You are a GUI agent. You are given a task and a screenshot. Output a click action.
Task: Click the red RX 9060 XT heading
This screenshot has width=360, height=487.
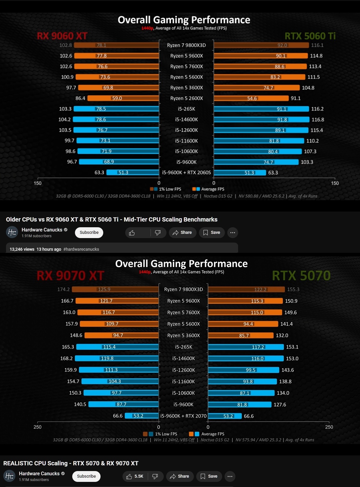(62, 36)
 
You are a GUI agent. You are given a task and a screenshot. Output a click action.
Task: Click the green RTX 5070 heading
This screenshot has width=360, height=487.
(301, 275)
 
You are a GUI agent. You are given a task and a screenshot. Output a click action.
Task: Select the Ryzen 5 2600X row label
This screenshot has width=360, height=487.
(187, 98)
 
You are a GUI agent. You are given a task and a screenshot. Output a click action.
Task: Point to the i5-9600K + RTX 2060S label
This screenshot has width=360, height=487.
(187, 172)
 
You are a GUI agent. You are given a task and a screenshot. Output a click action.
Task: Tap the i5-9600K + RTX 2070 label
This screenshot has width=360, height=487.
(183, 416)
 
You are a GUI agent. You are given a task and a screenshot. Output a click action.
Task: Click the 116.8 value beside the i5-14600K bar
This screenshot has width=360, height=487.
(318, 120)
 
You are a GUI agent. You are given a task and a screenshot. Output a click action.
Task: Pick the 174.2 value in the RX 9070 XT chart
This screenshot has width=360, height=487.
(64, 289)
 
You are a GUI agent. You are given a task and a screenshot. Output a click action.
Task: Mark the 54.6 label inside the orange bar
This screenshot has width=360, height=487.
(252, 98)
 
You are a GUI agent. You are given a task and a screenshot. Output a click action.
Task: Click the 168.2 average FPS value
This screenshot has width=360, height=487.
(67, 358)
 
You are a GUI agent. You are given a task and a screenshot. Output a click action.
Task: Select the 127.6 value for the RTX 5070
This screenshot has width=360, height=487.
(280, 405)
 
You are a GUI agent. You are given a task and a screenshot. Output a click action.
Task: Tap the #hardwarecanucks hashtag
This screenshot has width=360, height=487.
(81, 249)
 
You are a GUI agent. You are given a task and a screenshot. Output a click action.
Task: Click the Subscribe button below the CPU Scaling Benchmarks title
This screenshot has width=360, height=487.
(89, 233)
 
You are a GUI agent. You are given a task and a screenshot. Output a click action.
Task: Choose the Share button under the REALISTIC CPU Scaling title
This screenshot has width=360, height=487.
(180, 476)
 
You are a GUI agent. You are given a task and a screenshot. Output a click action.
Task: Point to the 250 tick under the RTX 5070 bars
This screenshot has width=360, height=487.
(329, 427)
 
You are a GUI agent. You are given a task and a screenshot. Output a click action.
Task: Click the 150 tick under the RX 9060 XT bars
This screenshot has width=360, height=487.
(38, 183)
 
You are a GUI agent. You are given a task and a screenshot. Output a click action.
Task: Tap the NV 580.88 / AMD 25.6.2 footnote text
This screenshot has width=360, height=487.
(261, 196)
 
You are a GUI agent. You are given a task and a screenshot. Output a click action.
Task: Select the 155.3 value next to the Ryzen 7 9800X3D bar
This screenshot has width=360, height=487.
(293, 289)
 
